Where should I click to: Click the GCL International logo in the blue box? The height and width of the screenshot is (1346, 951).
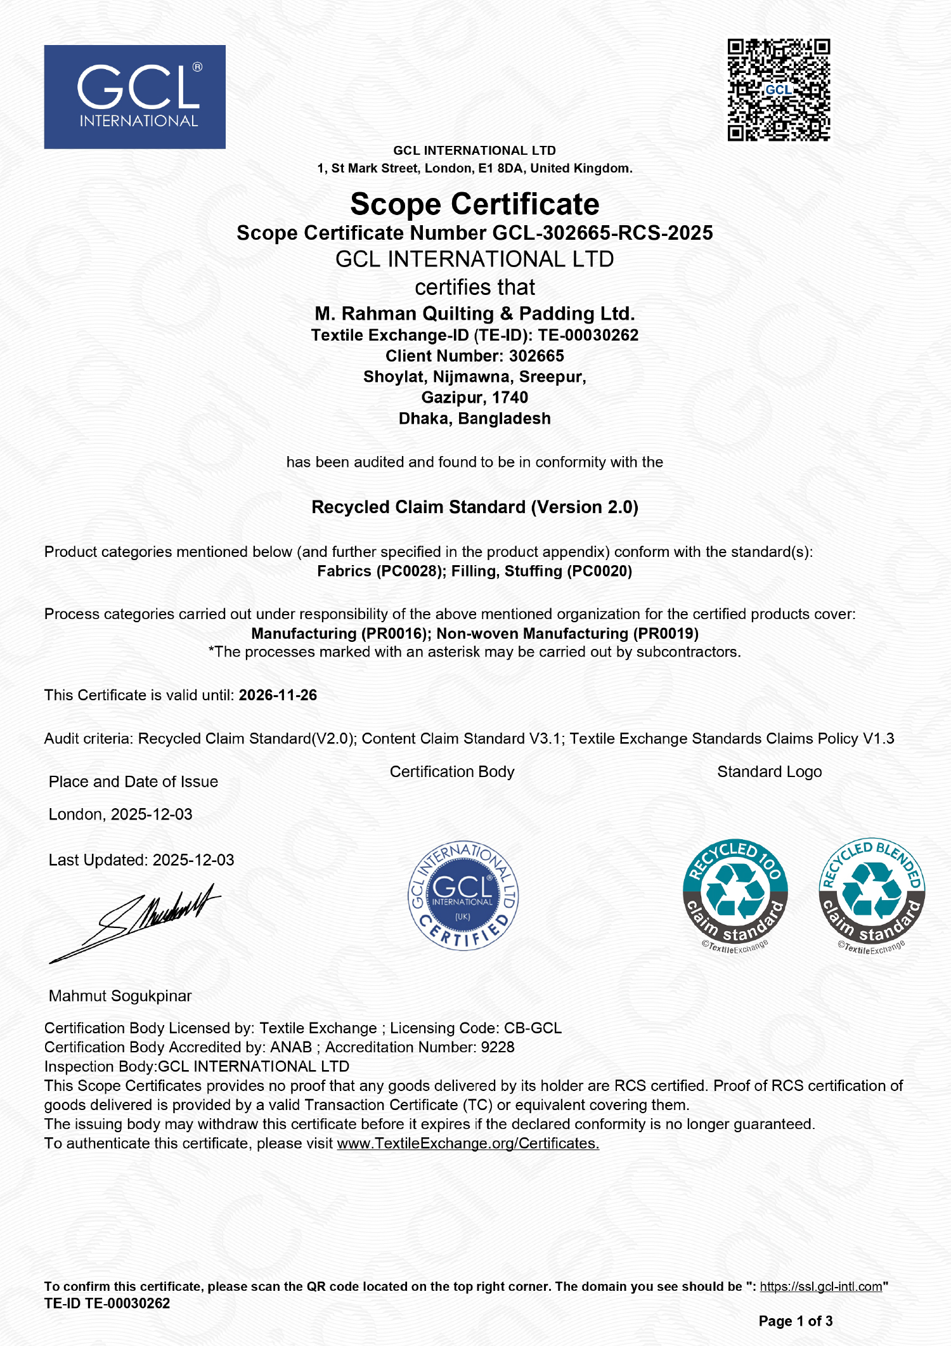click(x=134, y=96)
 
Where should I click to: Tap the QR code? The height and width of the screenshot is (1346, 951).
click(x=779, y=90)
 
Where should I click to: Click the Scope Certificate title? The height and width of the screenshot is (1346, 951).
click(x=474, y=204)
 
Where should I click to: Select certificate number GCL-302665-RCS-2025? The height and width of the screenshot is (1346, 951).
click(x=602, y=233)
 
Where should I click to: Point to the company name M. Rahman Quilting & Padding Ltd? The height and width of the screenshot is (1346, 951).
click(x=474, y=313)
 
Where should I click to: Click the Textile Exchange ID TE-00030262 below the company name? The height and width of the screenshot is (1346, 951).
click(x=588, y=335)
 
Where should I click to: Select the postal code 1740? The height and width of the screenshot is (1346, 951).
click(x=510, y=397)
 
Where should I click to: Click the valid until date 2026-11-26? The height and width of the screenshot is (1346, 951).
click(x=278, y=695)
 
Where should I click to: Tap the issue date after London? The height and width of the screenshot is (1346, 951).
click(x=152, y=814)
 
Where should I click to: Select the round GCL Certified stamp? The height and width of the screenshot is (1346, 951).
click(x=463, y=895)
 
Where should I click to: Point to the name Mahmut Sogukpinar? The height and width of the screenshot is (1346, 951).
click(x=120, y=996)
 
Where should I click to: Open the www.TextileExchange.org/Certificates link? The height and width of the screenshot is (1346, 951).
click(x=468, y=1144)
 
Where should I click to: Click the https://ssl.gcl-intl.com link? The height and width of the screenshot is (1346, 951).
click(x=821, y=1286)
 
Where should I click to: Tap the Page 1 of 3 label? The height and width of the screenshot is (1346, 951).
click(x=796, y=1321)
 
